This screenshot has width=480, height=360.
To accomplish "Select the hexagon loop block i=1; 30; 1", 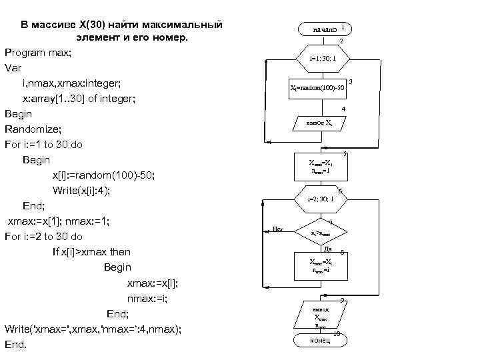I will click(x=323, y=59).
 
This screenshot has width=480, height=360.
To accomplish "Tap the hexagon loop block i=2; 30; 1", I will click(x=322, y=199).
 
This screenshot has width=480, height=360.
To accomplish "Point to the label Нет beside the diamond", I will click(x=278, y=229).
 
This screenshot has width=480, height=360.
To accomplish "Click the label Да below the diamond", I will click(x=327, y=249).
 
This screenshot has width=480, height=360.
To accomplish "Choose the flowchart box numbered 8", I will click(x=321, y=265).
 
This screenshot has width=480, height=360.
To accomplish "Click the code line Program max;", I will click(x=38, y=52).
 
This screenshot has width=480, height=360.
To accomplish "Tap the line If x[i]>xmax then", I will click(x=91, y=252).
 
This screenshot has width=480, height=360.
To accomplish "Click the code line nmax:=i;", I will click(x=147, y=298).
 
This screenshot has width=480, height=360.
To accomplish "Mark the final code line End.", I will click(x=15, y=345).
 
